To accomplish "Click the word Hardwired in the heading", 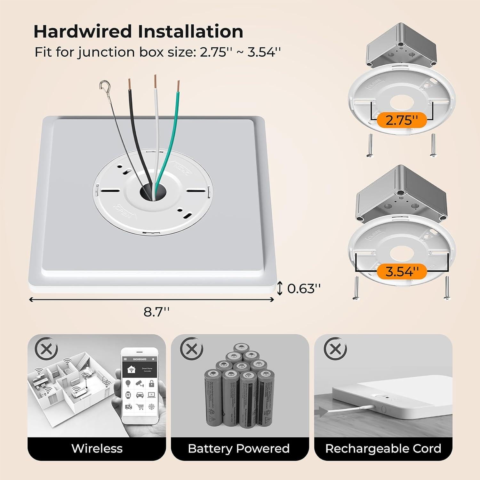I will point(83,31).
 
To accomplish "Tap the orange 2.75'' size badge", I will point(402,120).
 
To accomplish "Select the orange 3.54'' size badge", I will point(402,272).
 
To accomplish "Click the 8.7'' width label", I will point(156,312).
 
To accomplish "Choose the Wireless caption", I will point(97,448).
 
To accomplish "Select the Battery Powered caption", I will point(239,448).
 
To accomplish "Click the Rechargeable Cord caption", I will point(383,448).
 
